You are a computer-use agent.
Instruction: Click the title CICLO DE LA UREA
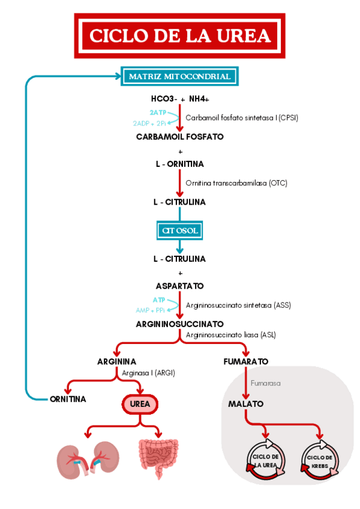tap(180, 36)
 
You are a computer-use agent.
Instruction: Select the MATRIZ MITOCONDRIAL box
tap(179, 77)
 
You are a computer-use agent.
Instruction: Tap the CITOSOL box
tap(179, 230)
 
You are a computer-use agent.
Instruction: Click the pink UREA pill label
tap(140, 405)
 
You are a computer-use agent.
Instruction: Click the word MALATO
tap(245, 404)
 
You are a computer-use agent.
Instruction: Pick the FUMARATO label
tap(245, 361)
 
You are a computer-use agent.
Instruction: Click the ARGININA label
tap(116, 361)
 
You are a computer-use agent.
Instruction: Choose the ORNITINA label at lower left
tap(68, 399)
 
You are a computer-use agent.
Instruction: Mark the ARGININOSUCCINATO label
tap(179, 324)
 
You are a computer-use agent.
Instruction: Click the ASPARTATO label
tap(179, 286)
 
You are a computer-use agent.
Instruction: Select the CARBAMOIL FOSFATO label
tap(179, 136)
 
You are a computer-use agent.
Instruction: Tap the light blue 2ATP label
tap(158, 112)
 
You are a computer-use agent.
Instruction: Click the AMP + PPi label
tap(150, 310)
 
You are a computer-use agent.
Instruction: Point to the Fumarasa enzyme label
tap(265, 382)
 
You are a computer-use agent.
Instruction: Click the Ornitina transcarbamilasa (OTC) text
tap(236, 182)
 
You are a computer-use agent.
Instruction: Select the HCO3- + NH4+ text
tap(179, 98)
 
